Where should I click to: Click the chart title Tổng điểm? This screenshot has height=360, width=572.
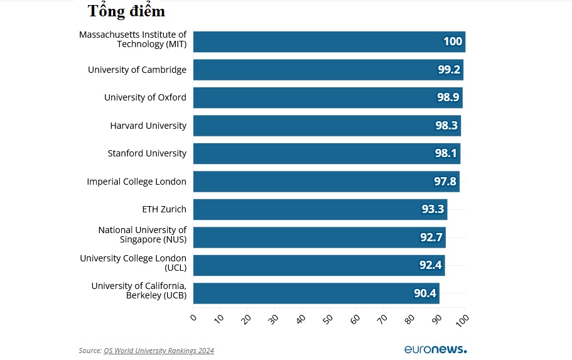pos(126,11)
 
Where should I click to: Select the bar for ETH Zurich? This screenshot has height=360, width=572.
pos(320,209)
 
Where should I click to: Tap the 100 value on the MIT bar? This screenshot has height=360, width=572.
pos(452,42)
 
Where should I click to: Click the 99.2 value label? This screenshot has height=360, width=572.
pos(450,70)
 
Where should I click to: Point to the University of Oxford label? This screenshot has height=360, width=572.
pos(145,97)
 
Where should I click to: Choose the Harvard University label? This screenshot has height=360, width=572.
pos(148,126)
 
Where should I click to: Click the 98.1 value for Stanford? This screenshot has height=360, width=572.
pos(446,153)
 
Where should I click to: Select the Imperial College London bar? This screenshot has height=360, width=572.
pos(326,182)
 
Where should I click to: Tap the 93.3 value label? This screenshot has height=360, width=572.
pos(433,209)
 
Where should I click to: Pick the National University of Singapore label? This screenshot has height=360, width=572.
pos(143,235)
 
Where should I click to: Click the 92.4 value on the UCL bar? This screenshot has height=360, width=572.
pos(431,265)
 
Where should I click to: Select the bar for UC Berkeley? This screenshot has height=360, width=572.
pos(316,293)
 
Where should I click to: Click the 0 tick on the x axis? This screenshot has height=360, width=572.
pos(193,318)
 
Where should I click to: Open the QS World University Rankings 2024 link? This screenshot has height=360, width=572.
pos(159,351)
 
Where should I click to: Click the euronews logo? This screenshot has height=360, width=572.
pos(435,349)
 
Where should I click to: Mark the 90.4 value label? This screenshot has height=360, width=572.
pos(425,293)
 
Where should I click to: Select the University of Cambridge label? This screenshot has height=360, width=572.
pos(137,70)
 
